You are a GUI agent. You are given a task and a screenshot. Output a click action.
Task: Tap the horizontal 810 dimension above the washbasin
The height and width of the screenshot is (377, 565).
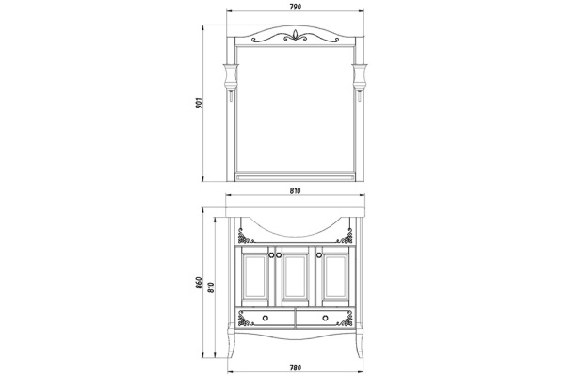(x=295, y=192)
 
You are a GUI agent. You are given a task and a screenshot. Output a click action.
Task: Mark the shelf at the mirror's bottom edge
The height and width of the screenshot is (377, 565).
(x=295, y=175)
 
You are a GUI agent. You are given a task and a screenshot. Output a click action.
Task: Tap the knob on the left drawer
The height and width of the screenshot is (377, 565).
(x=266, y=315)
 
